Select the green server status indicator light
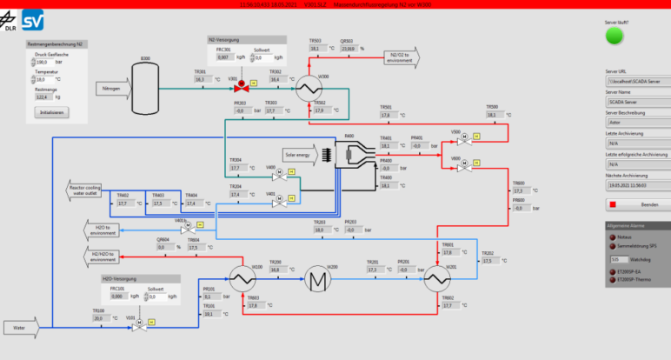tap(615, 36)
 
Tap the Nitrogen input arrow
tap(111, 89)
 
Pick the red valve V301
tap(244, 88)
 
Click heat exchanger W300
tap(307, 89)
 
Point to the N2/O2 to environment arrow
tap(399, 57)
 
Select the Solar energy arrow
tap(301, 155)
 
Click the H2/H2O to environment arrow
tap(101, 256)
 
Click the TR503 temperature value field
tap(317, 49)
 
